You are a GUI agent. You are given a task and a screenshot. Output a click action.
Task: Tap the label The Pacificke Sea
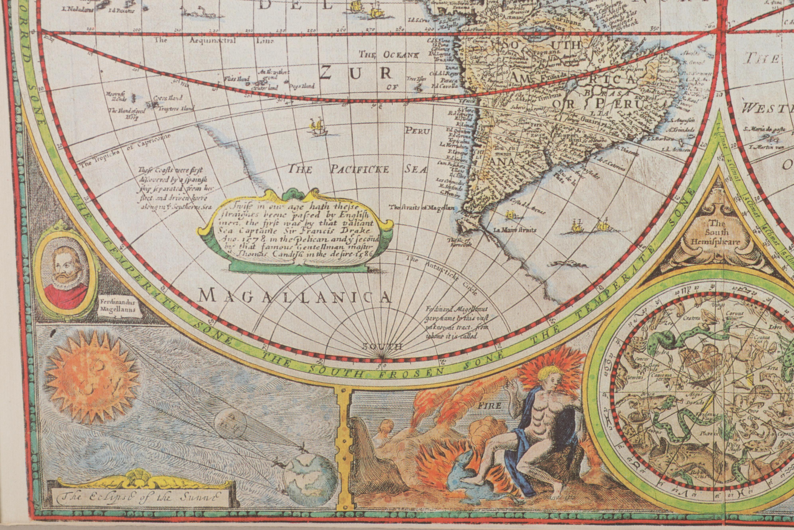click(357, 169)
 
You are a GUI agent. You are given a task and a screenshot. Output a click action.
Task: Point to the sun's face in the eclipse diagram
click(92, 377)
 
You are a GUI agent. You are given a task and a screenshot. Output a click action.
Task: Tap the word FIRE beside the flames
click(489, 405)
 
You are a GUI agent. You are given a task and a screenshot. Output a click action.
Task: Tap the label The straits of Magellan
click(422, 207)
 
